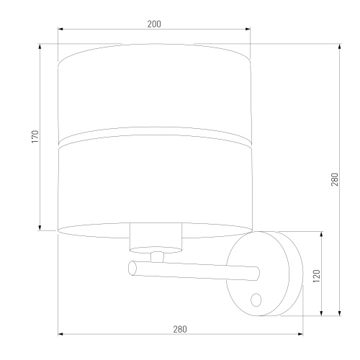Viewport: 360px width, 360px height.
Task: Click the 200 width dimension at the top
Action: (x=153, y=24)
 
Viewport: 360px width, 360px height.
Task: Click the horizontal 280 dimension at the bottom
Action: (x=180, y=329)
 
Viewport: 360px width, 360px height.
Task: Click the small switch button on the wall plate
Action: (x=256, y=298)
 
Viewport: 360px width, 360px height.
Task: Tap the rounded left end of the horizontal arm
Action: (x=132, y=269)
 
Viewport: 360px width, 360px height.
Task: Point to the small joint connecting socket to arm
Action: (x=156, y=255)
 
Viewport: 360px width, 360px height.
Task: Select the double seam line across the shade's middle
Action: (x=153, y=137)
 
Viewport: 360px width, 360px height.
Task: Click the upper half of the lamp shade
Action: (x=153, y=90)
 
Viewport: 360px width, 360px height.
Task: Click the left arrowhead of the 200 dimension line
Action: (x=60, y=30)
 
